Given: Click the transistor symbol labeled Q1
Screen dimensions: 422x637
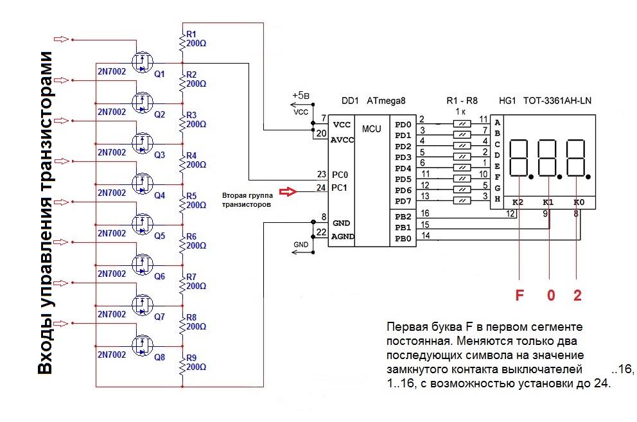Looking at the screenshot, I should point(141,62).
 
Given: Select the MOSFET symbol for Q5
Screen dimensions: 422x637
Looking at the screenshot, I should point(141,224).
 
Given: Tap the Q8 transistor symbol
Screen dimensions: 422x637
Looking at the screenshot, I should point(141,345).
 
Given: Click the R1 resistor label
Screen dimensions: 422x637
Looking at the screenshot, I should point(191,34).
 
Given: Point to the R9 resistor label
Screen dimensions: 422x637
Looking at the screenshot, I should point(191,358).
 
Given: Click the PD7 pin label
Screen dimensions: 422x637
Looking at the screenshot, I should point(403,202).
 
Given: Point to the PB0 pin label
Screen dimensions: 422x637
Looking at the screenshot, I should point(403,239).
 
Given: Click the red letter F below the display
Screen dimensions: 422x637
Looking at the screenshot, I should point(519,296).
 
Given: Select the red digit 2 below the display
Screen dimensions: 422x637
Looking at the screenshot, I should point(577,296).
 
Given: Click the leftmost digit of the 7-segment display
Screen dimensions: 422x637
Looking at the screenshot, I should point(519,158).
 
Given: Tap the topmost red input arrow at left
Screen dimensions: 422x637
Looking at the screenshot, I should point(60,40).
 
